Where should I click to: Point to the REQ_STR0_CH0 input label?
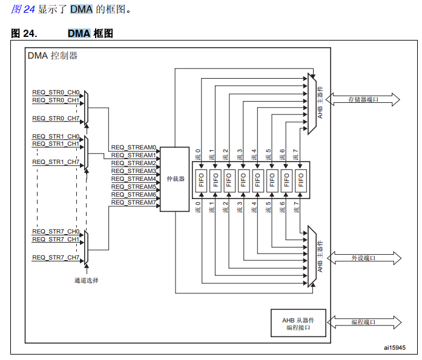pos(56,92)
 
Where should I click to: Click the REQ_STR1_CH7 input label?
pos(56,162)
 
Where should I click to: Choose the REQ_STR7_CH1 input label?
pos(56,239)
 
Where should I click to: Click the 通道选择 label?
pos(86,280)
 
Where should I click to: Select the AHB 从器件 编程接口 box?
pos(298,323)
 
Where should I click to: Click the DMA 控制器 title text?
pos(52,56)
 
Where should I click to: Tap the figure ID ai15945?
pos(394,347)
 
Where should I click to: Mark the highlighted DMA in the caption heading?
pos(79,33)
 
